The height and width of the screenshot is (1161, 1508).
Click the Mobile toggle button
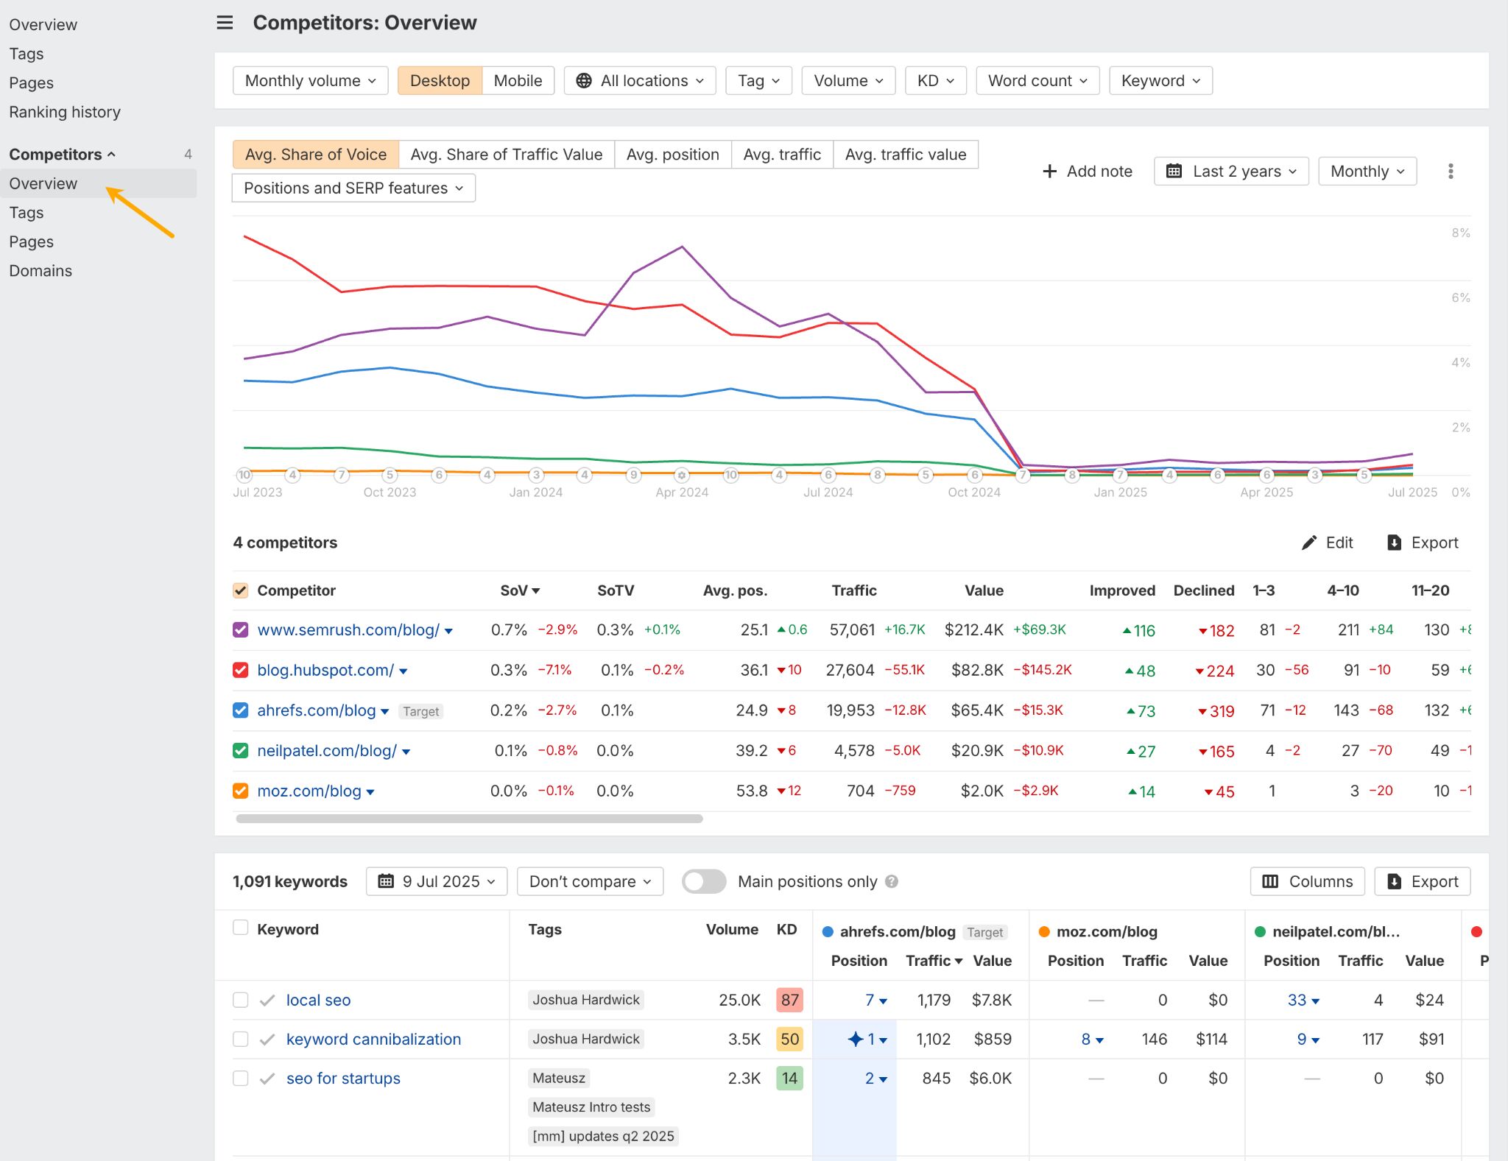[518, 81]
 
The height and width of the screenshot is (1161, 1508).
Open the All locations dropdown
[640, 81]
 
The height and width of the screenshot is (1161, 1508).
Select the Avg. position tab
[672, 155]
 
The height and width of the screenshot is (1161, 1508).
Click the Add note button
[1088, 172]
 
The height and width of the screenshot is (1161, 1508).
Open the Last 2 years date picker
[1231, 172]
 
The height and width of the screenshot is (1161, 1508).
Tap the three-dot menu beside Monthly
[1450, 172]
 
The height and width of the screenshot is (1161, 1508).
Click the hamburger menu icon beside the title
[225, 23]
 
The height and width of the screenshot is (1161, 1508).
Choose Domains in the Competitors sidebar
[40, 271]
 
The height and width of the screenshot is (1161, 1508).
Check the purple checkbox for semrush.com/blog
[240, 630]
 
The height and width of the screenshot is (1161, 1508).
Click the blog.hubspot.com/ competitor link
[325, 671]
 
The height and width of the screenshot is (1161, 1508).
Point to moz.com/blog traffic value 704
[860, 791]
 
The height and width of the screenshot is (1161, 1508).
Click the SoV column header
[519, 590]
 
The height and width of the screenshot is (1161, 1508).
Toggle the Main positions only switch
[703, 882]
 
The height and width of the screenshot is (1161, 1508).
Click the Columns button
[1307, 882]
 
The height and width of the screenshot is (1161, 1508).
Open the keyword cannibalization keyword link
[373, 1040]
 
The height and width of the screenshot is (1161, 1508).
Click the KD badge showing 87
[789, 1000]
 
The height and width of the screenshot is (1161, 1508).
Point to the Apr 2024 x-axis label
[682, 493]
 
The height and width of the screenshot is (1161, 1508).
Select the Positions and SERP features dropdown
[353, 188]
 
